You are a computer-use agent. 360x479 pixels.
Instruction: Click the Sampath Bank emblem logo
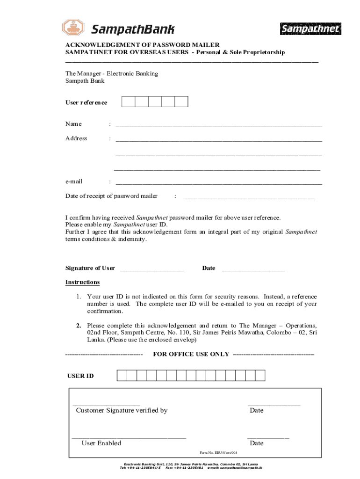(74, 29)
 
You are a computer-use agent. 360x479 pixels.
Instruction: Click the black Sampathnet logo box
(310, 29)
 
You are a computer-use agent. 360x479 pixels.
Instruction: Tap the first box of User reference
(129, 102)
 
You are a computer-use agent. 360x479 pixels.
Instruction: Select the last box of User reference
(181, 102)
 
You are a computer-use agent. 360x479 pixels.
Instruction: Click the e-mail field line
(218, 183)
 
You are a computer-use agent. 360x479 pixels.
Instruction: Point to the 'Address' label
(76, 138)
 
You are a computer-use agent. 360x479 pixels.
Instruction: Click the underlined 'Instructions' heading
(82, 282)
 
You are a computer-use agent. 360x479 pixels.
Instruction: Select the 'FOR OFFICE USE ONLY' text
(191, 354)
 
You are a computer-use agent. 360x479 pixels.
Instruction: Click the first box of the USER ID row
(122, 376)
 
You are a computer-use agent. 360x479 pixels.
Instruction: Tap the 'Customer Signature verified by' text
(122, 410)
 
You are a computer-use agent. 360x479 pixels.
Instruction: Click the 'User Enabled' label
(101, 443)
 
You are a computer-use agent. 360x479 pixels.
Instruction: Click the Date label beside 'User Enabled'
(256, 443)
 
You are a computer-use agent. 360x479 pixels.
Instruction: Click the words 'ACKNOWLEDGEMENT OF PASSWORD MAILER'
(142, 44)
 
